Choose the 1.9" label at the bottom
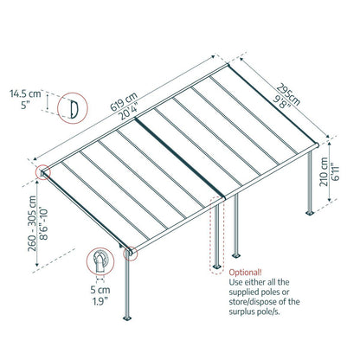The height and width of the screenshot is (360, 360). pyautogui.click(x=102, y=304)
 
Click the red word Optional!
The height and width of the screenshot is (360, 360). pyautogui.click(x=246, y=270)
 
